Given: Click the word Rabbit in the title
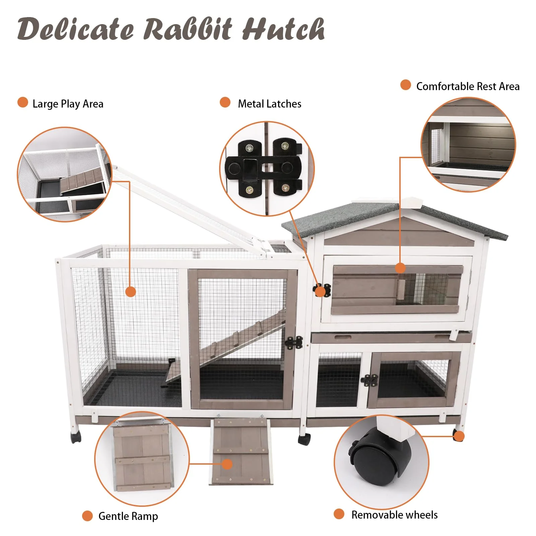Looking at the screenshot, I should pos(188,29).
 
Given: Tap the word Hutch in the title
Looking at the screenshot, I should pos(283,29).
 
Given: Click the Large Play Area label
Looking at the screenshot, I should pos(68,104).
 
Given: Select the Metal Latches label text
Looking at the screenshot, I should pos(269,104).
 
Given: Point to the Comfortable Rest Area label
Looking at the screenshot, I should pos(468,86).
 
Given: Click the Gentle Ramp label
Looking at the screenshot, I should pos(128,516).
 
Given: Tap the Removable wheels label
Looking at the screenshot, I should pos(394,515).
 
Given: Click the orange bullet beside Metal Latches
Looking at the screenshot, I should pos(225,103).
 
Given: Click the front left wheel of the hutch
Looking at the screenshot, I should pos(76,437).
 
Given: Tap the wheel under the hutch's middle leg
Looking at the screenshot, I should pos(304,439).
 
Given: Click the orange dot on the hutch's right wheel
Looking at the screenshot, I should pos(459,436).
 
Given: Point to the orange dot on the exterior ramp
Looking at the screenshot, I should pos(227,464).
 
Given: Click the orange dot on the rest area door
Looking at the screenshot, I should pos(400,268).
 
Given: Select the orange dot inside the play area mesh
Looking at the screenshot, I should pos(131,291).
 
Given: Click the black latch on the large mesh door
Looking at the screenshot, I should pos(294,342).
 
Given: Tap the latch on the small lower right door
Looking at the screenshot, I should pos(369,380).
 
